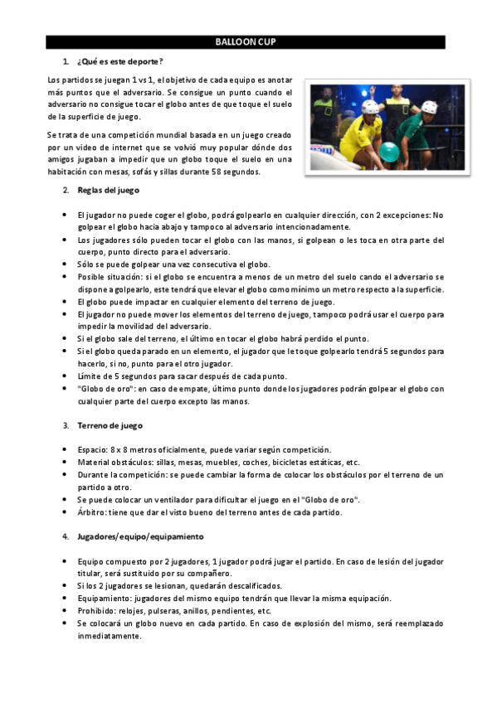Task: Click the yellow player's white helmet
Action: (x=371, y=108)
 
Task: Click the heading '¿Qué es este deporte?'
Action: (x=119, y=62)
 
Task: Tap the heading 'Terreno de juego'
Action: (x=110, y=425)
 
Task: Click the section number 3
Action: (x=66, y=425)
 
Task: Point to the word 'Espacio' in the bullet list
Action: (x=92, y=449)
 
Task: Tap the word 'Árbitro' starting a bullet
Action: (x=92, y=512)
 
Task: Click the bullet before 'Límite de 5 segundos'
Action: (x=66, y=376)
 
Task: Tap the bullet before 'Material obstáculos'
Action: (x=66, y=462)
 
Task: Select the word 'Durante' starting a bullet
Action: (x=92, y=474)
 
